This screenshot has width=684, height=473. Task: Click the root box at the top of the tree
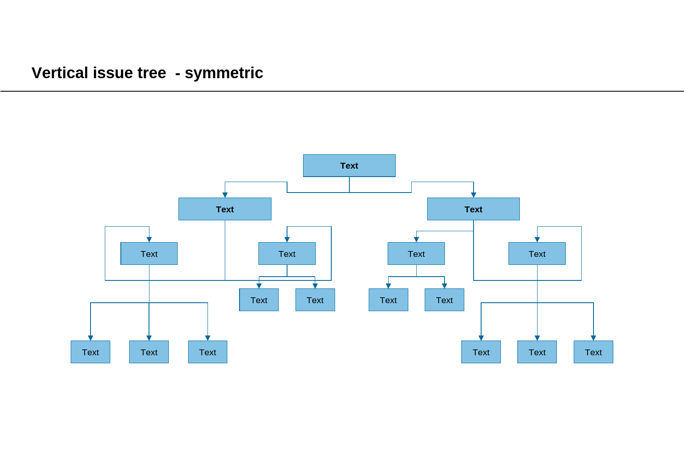point(349,166)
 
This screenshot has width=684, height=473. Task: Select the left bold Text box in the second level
point(225,209)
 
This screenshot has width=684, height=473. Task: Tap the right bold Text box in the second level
point(473,209)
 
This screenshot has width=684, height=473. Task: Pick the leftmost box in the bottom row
point(90,352)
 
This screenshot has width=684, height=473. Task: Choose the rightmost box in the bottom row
point(594,352)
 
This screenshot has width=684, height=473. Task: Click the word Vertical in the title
point(60,73)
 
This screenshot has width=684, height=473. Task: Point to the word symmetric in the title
point(224,73)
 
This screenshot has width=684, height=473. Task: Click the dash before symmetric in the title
point(178,74)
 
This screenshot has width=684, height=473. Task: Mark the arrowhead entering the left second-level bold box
point(225,195)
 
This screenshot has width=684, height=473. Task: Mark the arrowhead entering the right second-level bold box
point(474,195)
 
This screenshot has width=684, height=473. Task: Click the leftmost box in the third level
point(149,254)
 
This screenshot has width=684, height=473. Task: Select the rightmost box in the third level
point(537,254)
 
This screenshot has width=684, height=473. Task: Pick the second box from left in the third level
point(287,254)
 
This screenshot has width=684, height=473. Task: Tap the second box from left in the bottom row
point(149,352)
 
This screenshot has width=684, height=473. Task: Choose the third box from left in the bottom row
point(208,352)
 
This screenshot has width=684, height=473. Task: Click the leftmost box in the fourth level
point(259,300)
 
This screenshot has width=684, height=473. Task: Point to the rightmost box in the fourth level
point(444,300)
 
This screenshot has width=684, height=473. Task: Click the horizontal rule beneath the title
point(342,91)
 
